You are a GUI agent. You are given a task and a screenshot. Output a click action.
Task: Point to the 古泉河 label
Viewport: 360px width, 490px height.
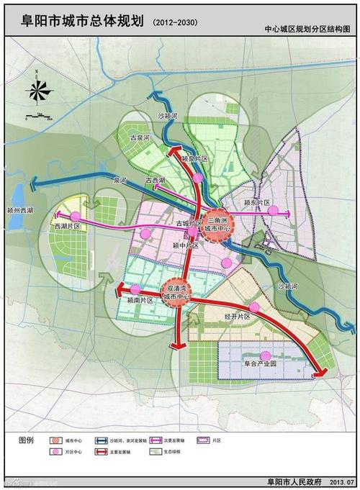[x=139, y=137]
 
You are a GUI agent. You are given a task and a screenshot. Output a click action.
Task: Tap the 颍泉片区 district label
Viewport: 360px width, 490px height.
[x=194, y=158]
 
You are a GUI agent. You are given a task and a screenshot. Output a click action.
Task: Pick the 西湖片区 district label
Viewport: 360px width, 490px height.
[x=66, y=227]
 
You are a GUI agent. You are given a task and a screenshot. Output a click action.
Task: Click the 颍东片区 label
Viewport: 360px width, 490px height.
[x=256, y=204]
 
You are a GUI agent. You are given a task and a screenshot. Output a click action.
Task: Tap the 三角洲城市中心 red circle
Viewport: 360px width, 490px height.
[x=217, y=224]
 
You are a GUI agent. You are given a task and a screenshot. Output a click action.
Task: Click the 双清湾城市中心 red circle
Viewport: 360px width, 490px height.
[x=176, y=291]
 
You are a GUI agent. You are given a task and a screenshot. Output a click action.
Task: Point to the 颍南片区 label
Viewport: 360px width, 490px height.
[x=140, y=299]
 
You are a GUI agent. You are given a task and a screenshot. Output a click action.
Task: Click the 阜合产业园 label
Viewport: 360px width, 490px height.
[x=264, y=364]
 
